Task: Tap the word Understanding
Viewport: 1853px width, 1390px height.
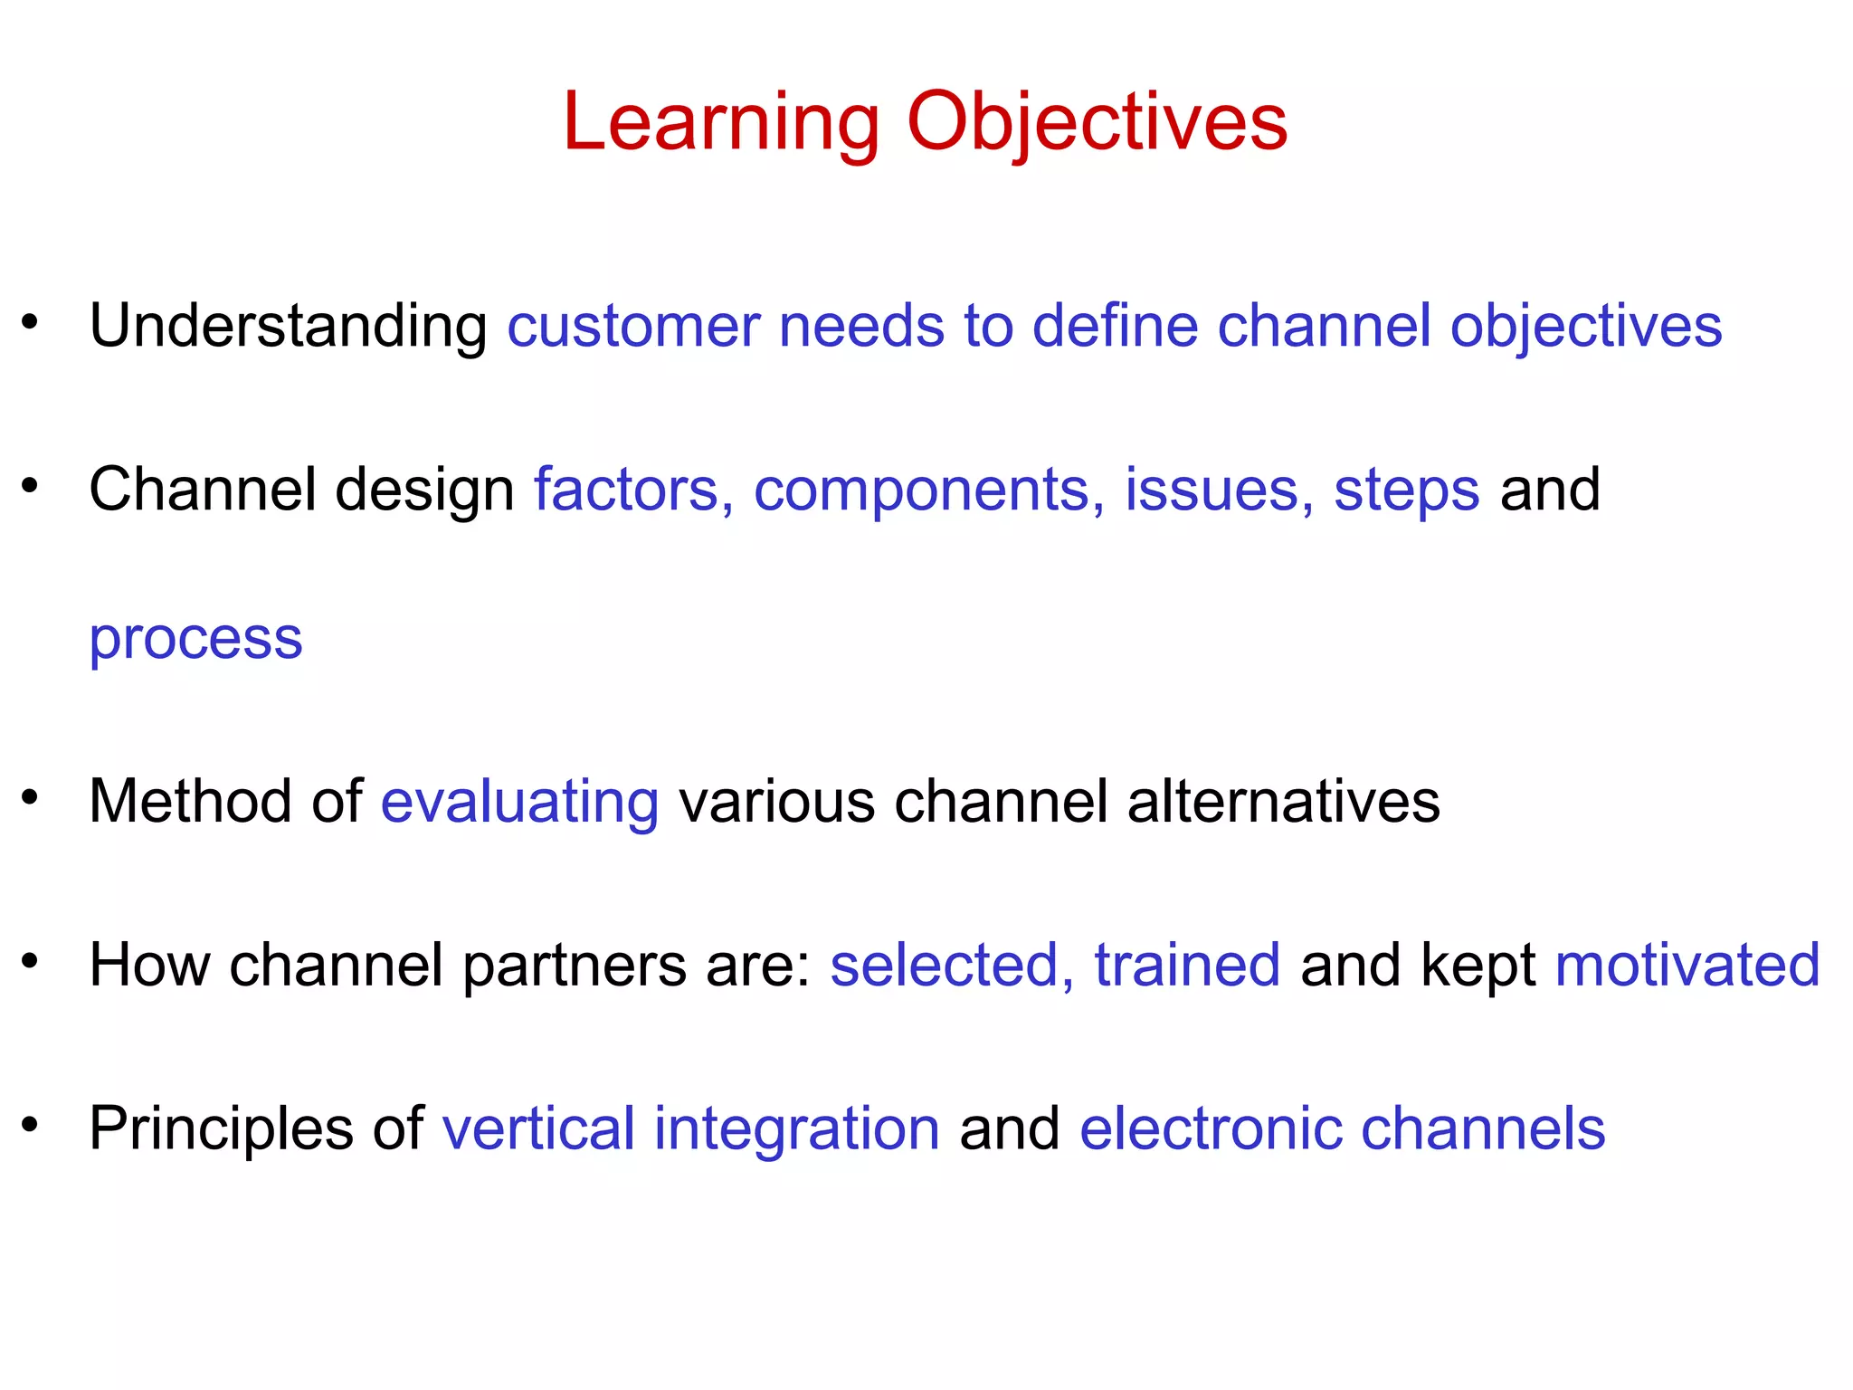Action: [x=288, y=326]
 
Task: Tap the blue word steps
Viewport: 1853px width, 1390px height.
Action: [x=1406, y=490]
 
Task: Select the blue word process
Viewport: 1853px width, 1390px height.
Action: [x=195, y=639]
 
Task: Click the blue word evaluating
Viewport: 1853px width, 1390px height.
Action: [x=519, y=802]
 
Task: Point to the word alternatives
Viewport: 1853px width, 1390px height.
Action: [x=1283, y=802]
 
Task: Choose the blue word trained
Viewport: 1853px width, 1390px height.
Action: [x=1187, y=965]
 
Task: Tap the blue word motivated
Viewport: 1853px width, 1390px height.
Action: [x=1687, y=965]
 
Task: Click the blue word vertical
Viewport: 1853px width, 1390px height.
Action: [x=538, y=1128]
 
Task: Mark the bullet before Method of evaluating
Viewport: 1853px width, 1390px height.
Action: [x=31, y=797]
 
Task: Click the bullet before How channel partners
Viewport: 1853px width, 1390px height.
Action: [x=31, y=960]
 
